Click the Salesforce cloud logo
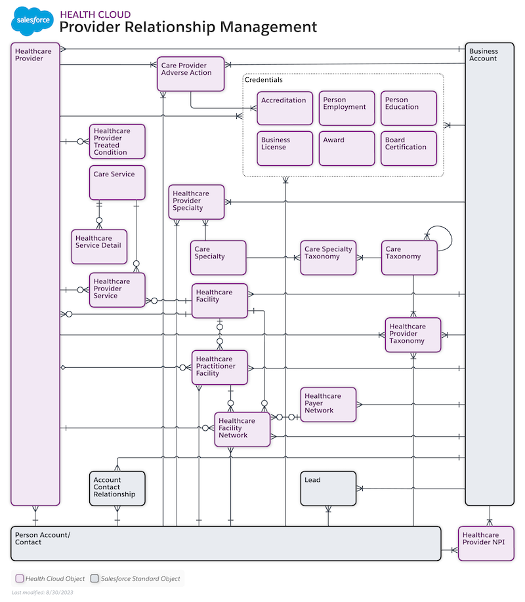(x=31, y=21)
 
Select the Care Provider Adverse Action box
(x=190, y=73)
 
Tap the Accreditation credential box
(x=285, y=108)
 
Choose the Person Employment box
(x=346, y=108)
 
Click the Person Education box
(x=408, y=108)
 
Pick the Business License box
(x=285, y=148)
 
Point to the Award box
(x=346, y=148)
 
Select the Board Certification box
(x=408, y=148)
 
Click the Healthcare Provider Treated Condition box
(x=117, y=141)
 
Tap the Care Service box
(x=117, y=182)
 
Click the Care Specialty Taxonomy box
(x=328, y=257)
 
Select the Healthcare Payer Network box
(x=328, y=404)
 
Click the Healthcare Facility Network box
(x=242, y=430)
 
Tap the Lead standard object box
(x=328, y=489)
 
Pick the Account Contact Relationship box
(x=117, y=489)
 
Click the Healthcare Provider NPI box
(x=486, y=543)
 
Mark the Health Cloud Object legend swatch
(x=20, y=578)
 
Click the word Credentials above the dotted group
(x=264, y=80)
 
